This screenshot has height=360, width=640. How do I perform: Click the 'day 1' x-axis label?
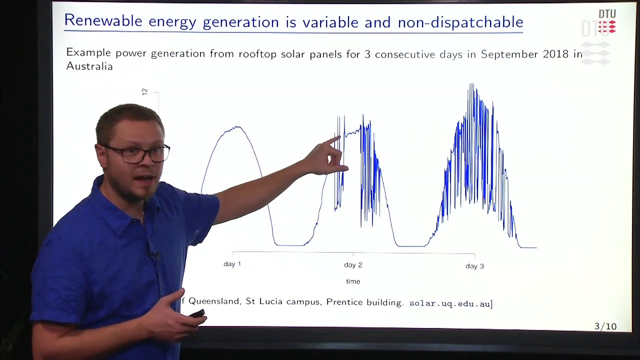tap(232, 264)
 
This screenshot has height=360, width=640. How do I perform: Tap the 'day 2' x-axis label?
tap(353, 265)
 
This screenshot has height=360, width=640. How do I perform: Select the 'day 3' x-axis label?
tap(474, 266)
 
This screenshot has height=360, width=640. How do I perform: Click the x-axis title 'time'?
tap(353, 281)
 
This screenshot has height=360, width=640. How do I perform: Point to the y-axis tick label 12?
tap(145, 92)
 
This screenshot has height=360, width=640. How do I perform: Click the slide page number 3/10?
tap(605, 326)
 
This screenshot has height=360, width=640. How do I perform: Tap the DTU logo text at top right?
tap(607, 14)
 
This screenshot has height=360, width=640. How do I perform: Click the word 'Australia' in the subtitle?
tap(89, 66)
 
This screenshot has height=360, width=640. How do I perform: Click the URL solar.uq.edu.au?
tap(449, 303)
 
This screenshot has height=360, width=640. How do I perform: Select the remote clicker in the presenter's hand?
tap(197, 313)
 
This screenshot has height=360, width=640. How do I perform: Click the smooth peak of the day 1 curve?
tap(236, 127)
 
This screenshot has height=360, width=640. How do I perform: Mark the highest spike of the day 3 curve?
tap(470, 84)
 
